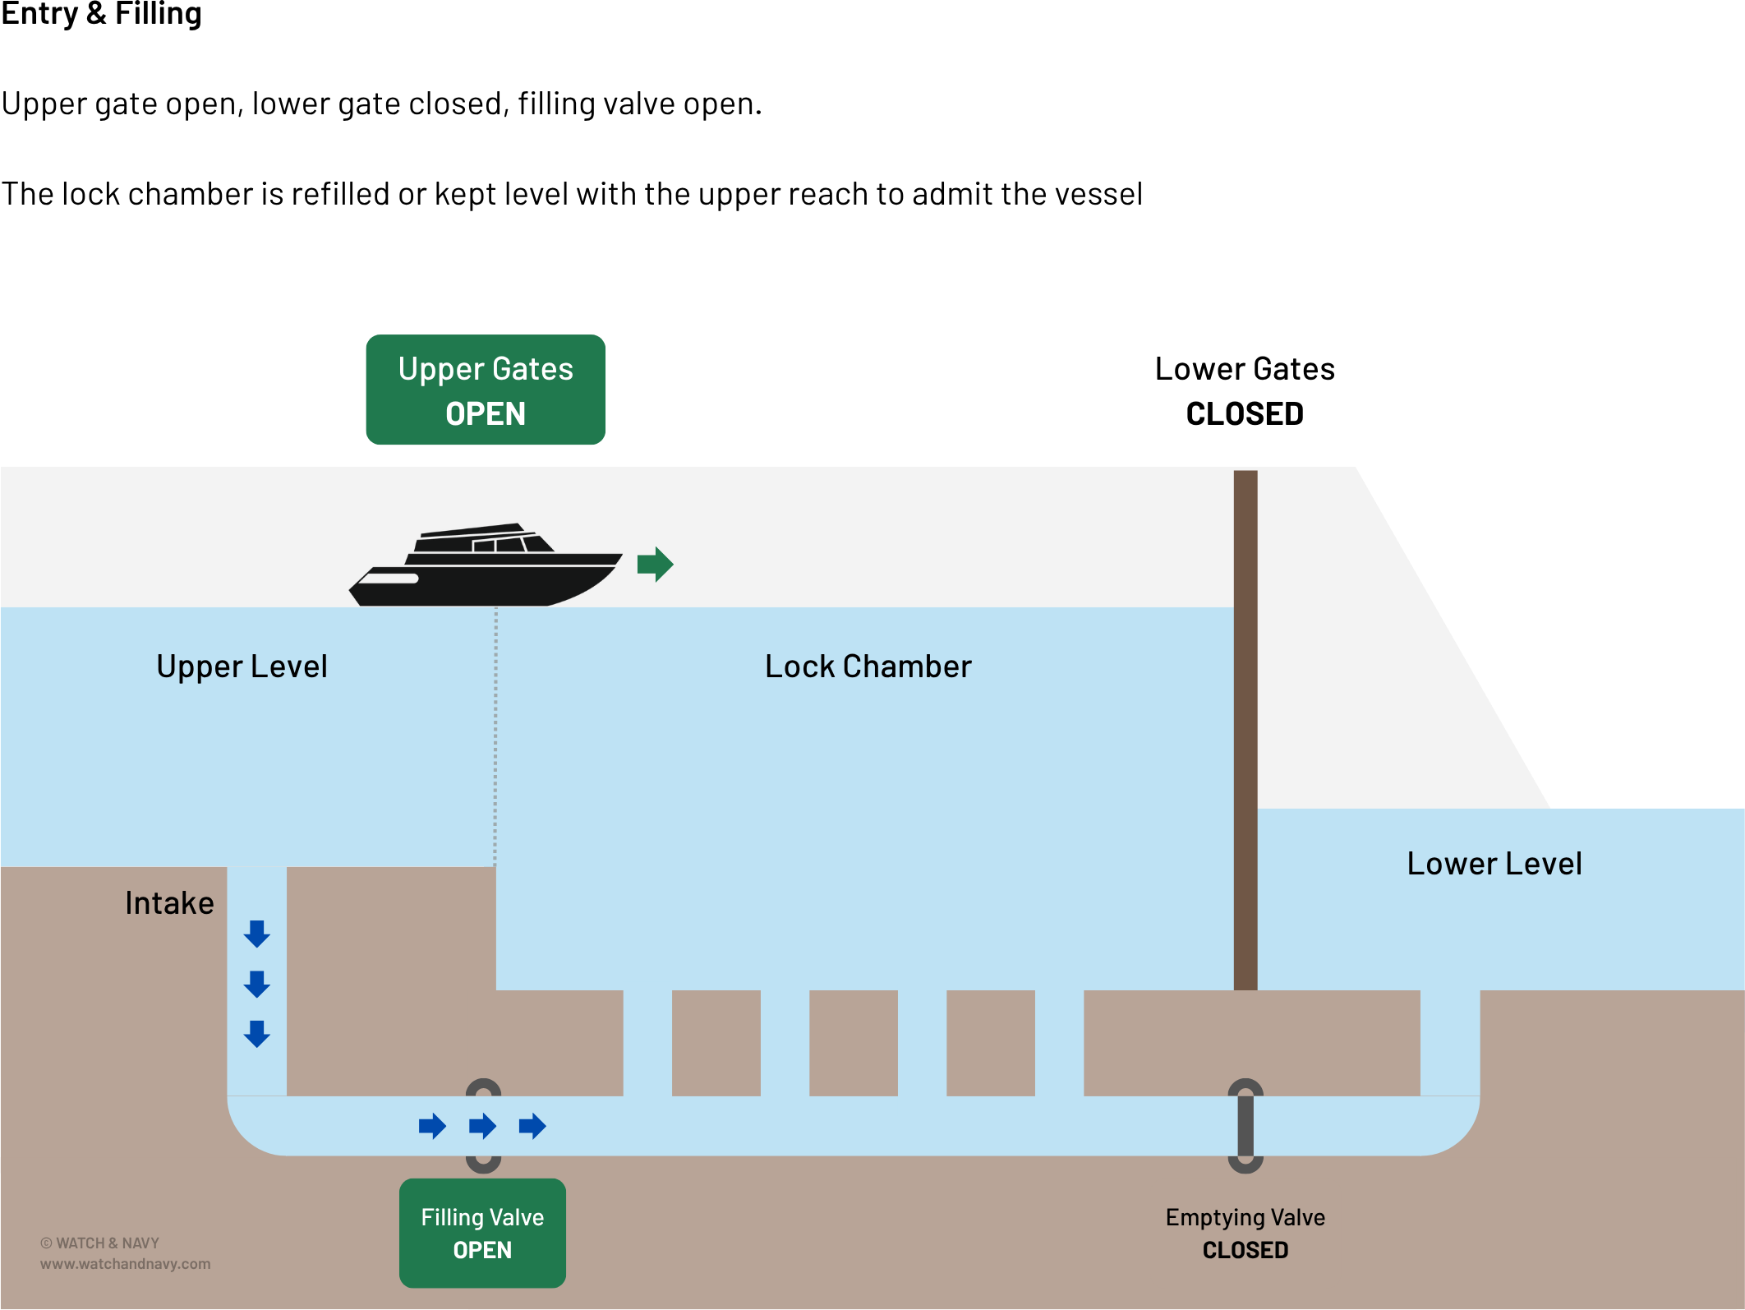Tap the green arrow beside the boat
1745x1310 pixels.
click(655, 564)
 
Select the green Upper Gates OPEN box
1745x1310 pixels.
click(486, 390)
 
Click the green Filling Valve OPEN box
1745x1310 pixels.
click(482, 1233)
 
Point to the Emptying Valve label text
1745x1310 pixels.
click(1245, 1217)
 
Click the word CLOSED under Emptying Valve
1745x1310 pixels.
click(1245, 1250)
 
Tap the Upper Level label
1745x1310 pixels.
click(242, 667)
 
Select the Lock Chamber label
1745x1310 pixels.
click(868, 667)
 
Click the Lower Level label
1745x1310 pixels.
click(1494, 864)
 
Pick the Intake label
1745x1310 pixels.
click(169, 903)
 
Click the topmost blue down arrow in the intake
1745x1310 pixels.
click(257, 934)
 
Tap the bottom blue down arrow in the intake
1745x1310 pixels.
click(257, 1034)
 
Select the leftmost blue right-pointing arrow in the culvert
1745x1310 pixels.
click(432, 1126)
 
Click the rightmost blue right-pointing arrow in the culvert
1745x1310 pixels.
click(532, 1126)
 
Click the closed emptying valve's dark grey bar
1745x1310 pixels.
click(1245, 1126)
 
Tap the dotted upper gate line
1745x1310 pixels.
click(495, 740)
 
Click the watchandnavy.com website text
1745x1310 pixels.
click(125, 1264)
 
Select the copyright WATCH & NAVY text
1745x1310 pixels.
click(100, 1243)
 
